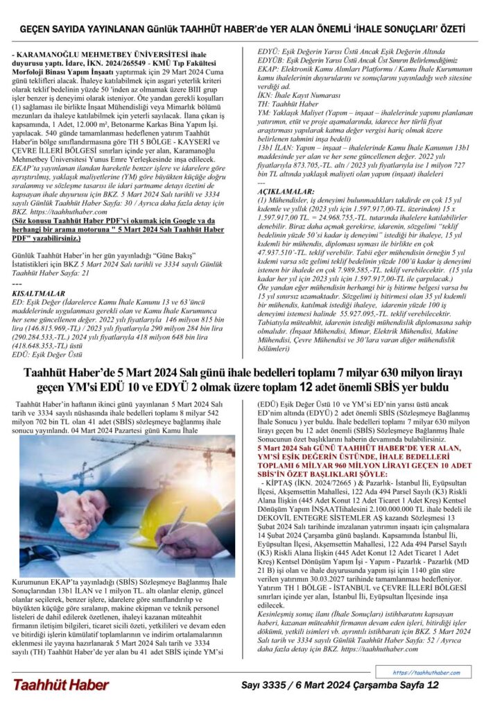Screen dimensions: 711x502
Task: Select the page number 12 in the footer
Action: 434,685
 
